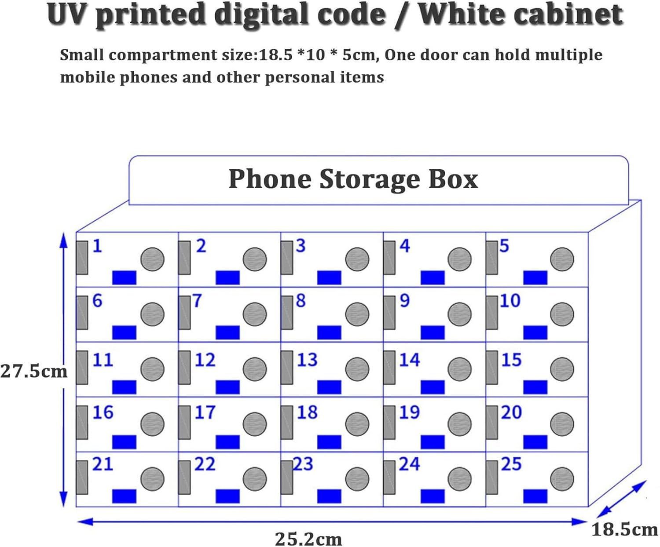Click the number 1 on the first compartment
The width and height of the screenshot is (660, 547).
point(97,246)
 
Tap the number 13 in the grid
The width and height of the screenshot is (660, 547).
point(307,360)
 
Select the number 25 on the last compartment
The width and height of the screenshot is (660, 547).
point(511,464)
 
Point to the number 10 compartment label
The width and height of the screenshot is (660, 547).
point(510,301)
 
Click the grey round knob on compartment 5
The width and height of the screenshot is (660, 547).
point(562,259)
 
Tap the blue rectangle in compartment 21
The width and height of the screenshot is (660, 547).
point(124,496)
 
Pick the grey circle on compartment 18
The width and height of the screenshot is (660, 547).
point(357,424)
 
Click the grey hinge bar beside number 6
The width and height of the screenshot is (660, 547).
point(82,313)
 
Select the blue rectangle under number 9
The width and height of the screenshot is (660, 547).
point(433,332)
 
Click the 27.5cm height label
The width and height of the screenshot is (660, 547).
point(34,372)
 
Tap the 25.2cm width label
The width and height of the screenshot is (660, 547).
point(308,539)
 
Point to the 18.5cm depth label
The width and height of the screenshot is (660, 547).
point(624,529)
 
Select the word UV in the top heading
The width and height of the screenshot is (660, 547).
point(68,14)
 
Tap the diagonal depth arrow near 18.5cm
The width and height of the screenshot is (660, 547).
point(622,499)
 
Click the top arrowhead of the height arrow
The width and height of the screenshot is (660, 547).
point(64,240)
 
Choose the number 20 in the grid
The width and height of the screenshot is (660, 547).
point(511,412)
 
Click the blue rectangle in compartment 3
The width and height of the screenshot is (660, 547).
point(329,277)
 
